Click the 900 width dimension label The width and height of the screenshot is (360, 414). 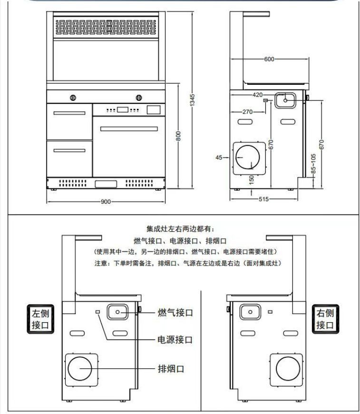pyautogui.click(x=106, y=201)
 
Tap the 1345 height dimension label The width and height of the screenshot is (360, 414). pyautogui.click(x=193, y=100)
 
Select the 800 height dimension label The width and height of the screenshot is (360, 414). pyautogui.click(x=178, y=136)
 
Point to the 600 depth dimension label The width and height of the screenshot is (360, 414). pyautogui.click(x=269, y=59)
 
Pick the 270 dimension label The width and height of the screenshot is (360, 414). pyautogui.click(x=247, y=112)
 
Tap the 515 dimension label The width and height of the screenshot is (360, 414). pyautogui.click(x=263, y=199)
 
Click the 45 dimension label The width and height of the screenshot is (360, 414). pyautogui.click(x=219, y=158)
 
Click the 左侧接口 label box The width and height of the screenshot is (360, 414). pyautogui.click(x=40, y=319)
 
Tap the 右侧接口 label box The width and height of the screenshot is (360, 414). pyautogui.click(x=325, y=319)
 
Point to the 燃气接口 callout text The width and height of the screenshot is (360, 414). pyautogui.click(x=175, y=313)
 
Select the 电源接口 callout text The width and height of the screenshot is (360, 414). pyautogui.click(x=175, y=340)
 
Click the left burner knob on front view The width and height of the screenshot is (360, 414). pyautogui.click(x=73, y=99)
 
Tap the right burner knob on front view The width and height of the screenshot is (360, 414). pyautogui.click(x=139, y=99)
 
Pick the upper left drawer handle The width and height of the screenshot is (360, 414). pyautogui.click(x=69, y=113)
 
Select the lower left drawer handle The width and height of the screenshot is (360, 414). pyautogui.click(x=69, y=150)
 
